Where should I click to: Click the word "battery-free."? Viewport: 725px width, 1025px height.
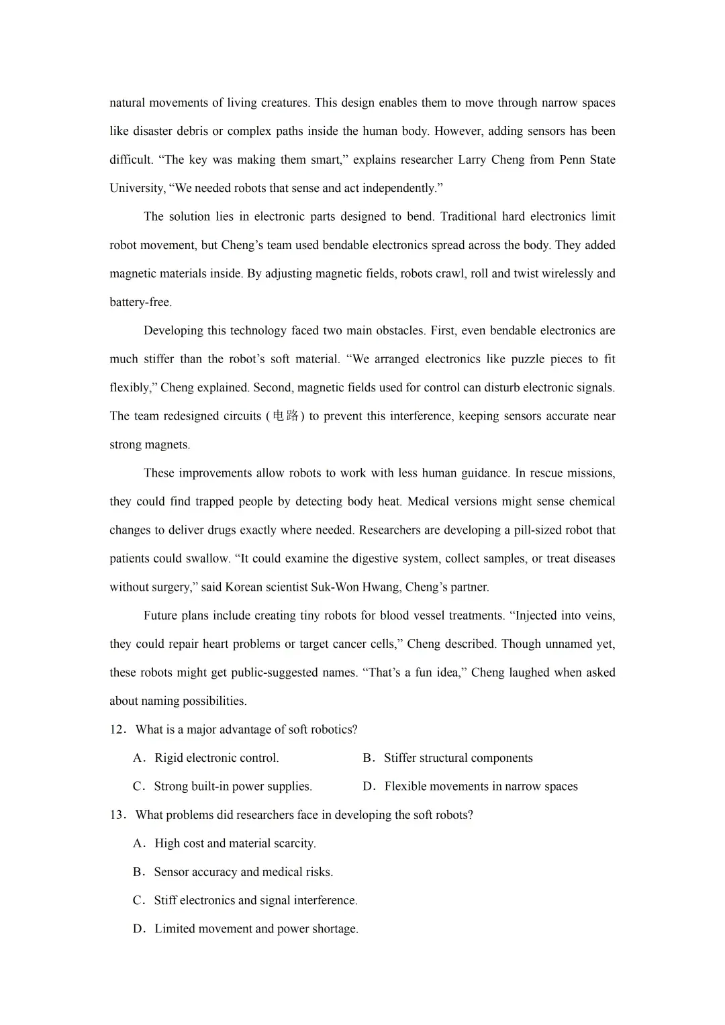pyautogui.click(x=140, y=303)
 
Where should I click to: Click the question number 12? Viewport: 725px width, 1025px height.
pyautogui.click(x=117, y=730)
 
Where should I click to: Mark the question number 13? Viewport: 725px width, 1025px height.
pyautogui.click(x=117, y=815)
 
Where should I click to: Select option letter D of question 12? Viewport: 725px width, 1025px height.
pyautogui.click(x=368, y=787)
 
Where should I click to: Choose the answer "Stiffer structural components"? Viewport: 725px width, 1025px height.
pyautogui.click(x=458, y=759)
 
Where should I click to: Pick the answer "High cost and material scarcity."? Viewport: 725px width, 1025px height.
pyautogui.click(x=235, y=844)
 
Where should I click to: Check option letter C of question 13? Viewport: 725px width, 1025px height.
pyautogui.click(x=139, y=901)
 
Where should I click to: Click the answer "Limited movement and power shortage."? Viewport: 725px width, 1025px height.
pyautogui.click(x=256, y=929)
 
